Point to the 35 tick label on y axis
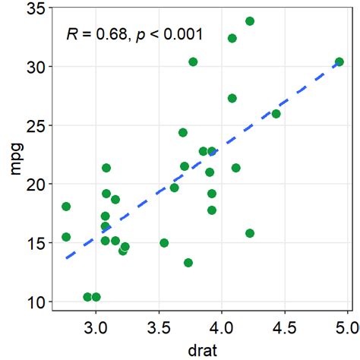tap(34, 8)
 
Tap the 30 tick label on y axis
tap(34, 67)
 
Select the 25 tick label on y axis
tap(34, 125)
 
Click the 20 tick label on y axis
tap(34, 184)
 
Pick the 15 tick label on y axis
tap(34, 243)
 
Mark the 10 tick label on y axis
tap(34, 302)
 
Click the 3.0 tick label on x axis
tap(95, 329)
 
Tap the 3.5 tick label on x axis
tap(158, 329)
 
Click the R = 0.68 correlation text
tap(94, 34)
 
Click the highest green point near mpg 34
tap(250, 21)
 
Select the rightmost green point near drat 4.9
tap(339, 62)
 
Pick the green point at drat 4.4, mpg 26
tap(276, 114)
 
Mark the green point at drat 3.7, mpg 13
tap(188, 263)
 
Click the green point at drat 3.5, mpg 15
tap(164, 243)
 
